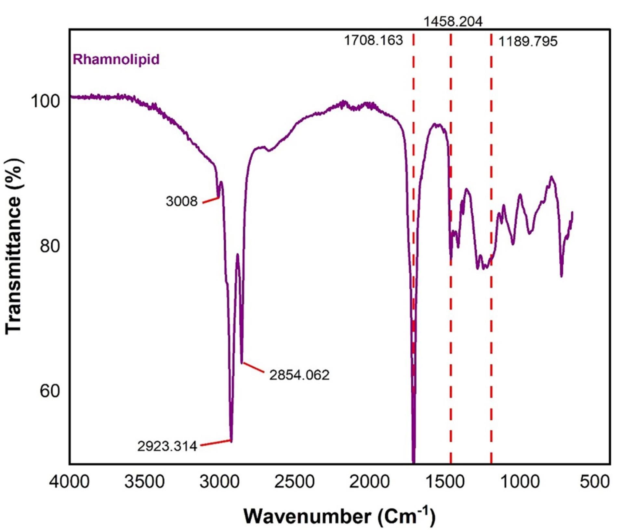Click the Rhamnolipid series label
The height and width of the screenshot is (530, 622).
pos(116,60)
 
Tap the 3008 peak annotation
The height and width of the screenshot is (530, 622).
pos(181,201)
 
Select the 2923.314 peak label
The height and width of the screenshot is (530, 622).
pos(167,446)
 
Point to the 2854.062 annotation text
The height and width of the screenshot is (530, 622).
pos(299,375)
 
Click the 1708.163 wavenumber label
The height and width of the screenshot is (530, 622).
pos(373,41)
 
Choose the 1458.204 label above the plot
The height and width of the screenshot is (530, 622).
pos(453,22)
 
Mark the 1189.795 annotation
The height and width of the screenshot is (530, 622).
pos(528,42)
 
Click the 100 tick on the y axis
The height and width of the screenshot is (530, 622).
pos(46,101)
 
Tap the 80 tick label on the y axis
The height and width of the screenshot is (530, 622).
pos(50,246)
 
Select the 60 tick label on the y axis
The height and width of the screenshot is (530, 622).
pos(50,391)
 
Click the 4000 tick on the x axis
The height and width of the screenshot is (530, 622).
pos(69,482)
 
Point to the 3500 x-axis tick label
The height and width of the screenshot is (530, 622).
pos(144,482)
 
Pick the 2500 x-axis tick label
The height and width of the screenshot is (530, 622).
pos(294,482)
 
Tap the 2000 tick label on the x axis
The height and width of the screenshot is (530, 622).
pos(369,482)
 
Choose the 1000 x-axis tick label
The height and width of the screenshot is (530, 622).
pos(520,482)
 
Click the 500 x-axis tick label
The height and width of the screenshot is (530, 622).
pos(595,482)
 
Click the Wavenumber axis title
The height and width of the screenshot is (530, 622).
pos(339,516)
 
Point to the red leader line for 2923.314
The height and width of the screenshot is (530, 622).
pos(215,443)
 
